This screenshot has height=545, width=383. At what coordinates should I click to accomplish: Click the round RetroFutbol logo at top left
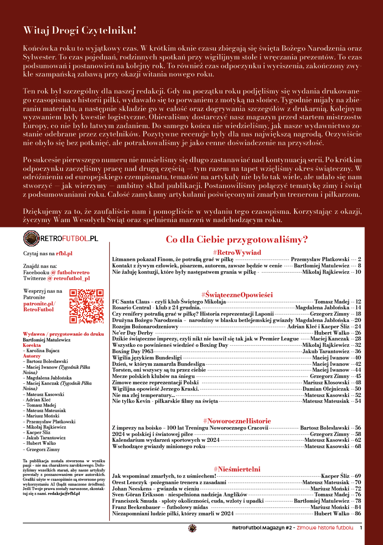point(32,239)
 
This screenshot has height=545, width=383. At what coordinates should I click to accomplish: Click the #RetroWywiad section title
point(237,252)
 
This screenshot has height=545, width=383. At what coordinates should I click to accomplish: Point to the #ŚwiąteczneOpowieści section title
point(237,295)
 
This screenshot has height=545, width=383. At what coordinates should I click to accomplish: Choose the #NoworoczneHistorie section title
point(237,421)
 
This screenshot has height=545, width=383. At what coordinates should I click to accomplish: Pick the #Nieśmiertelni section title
point(237,469)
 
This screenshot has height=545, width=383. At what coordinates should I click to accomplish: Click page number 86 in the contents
point(358,513)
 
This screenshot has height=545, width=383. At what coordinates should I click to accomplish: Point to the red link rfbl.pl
point(64,254)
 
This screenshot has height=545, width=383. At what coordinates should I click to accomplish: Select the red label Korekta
point(32,345)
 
